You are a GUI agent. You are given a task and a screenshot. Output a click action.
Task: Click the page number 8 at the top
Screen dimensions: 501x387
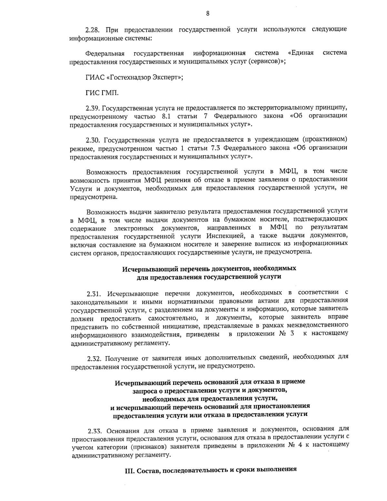(208, 14)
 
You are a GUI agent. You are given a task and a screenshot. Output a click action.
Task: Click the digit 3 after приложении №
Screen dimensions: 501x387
(292, 334)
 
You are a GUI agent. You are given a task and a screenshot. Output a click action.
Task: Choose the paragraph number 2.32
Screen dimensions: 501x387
(94, 358)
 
